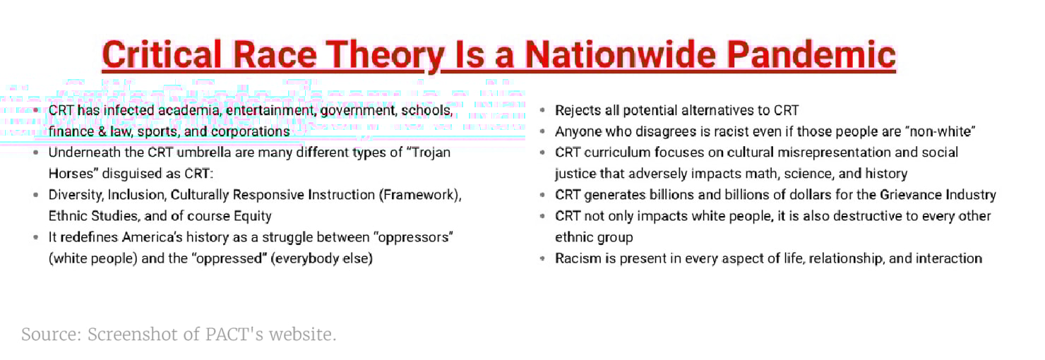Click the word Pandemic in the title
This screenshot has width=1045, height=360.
tap(811, 54)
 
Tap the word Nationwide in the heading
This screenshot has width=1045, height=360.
tap(621, 54)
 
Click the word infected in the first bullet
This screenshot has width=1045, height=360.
tap(129, 110)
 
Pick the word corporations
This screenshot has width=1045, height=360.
tap(251, 132)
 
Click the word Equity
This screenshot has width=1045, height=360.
tap(252, 217)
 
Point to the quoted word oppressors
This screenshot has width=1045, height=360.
tap(413, 237)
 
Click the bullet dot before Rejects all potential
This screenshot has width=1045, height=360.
tap(542, 111)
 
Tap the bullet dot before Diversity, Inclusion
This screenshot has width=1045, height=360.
tap(36, 195)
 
